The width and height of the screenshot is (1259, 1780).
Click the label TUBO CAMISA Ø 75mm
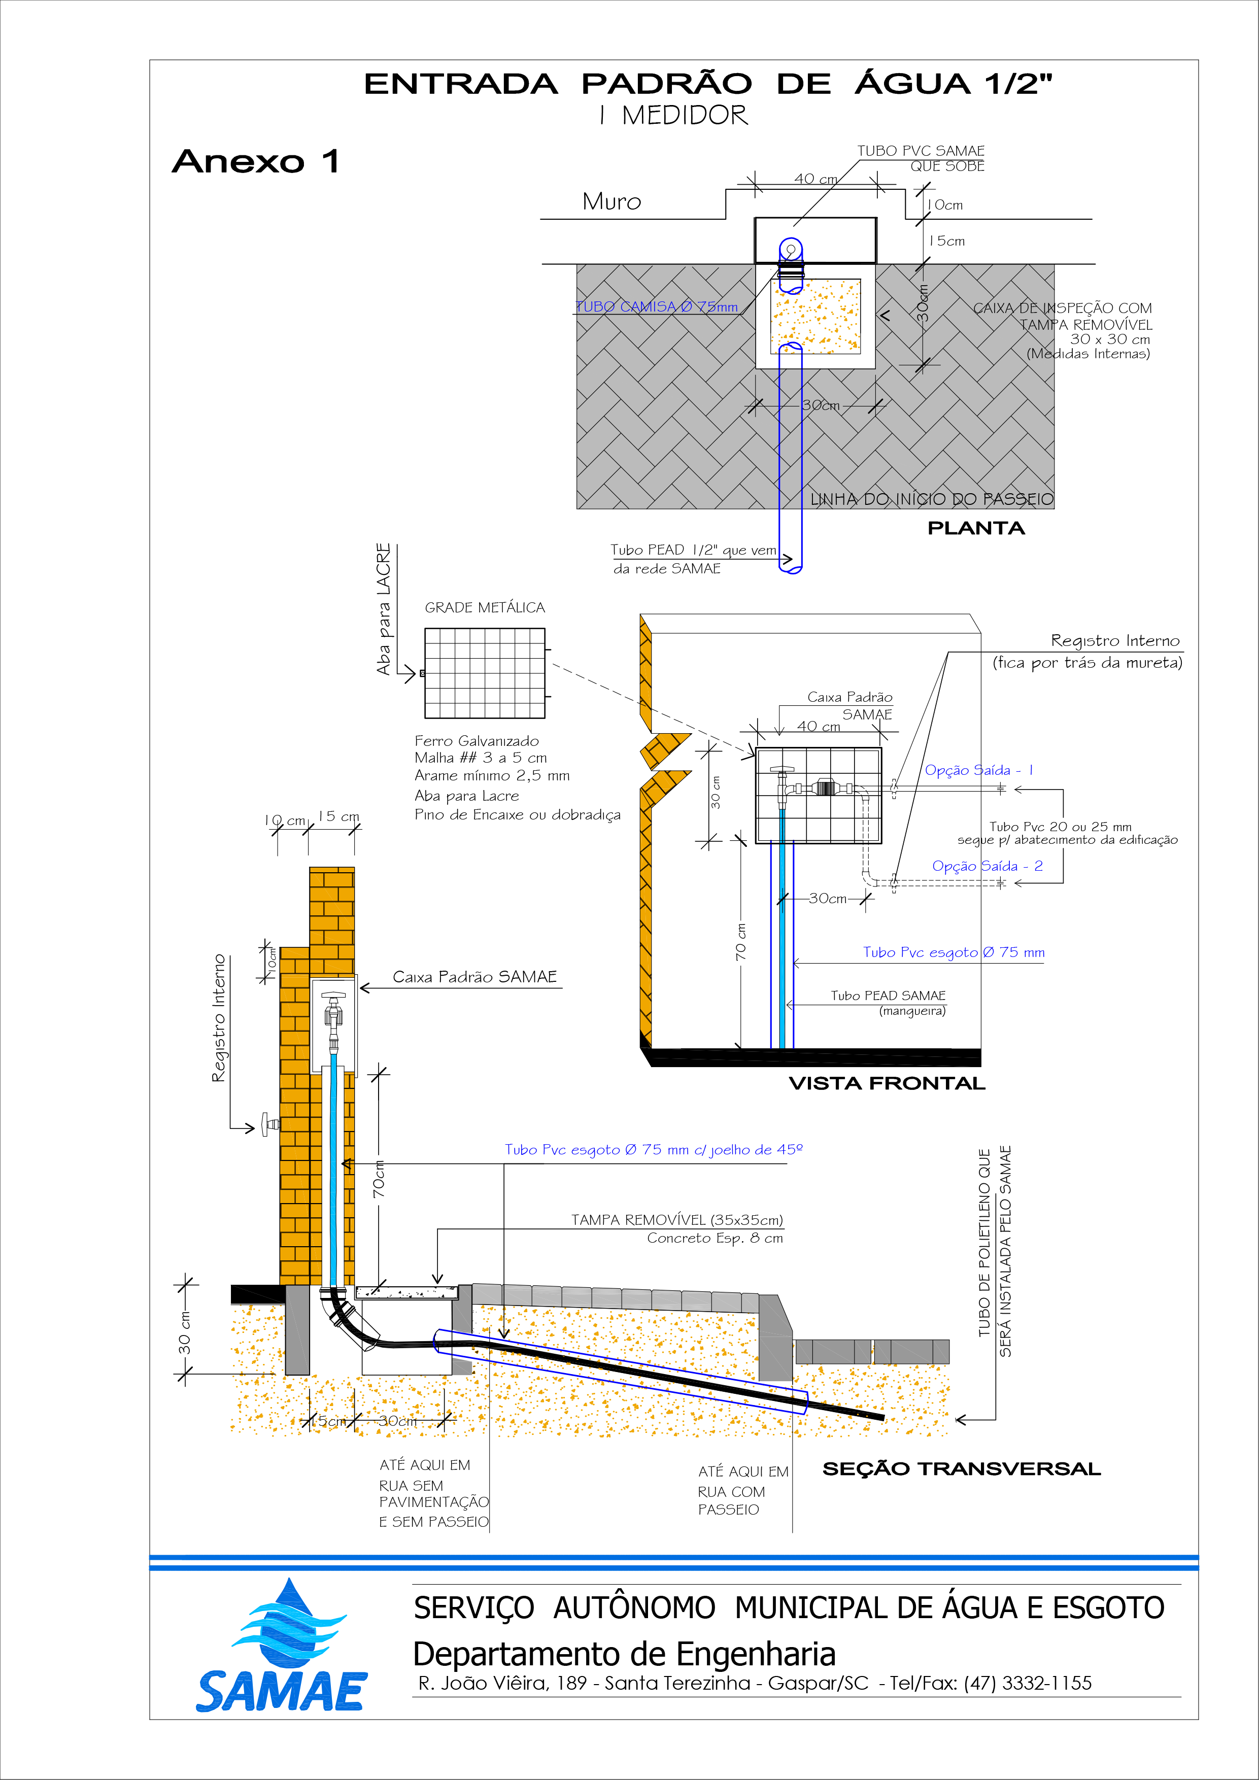pos(657,307)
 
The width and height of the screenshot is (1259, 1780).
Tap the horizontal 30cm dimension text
pos(820,405)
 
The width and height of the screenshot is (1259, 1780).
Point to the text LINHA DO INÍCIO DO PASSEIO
pos(932,499)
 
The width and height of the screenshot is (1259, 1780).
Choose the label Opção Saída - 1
pos(978,771)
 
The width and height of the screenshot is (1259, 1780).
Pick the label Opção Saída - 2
pos(987,866)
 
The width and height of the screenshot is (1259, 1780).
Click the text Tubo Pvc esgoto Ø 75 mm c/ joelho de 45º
pos(654,1150)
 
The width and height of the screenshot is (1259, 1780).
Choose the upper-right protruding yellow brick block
pos(332,922)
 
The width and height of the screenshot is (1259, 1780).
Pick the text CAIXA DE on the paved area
pos(1004,309)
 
